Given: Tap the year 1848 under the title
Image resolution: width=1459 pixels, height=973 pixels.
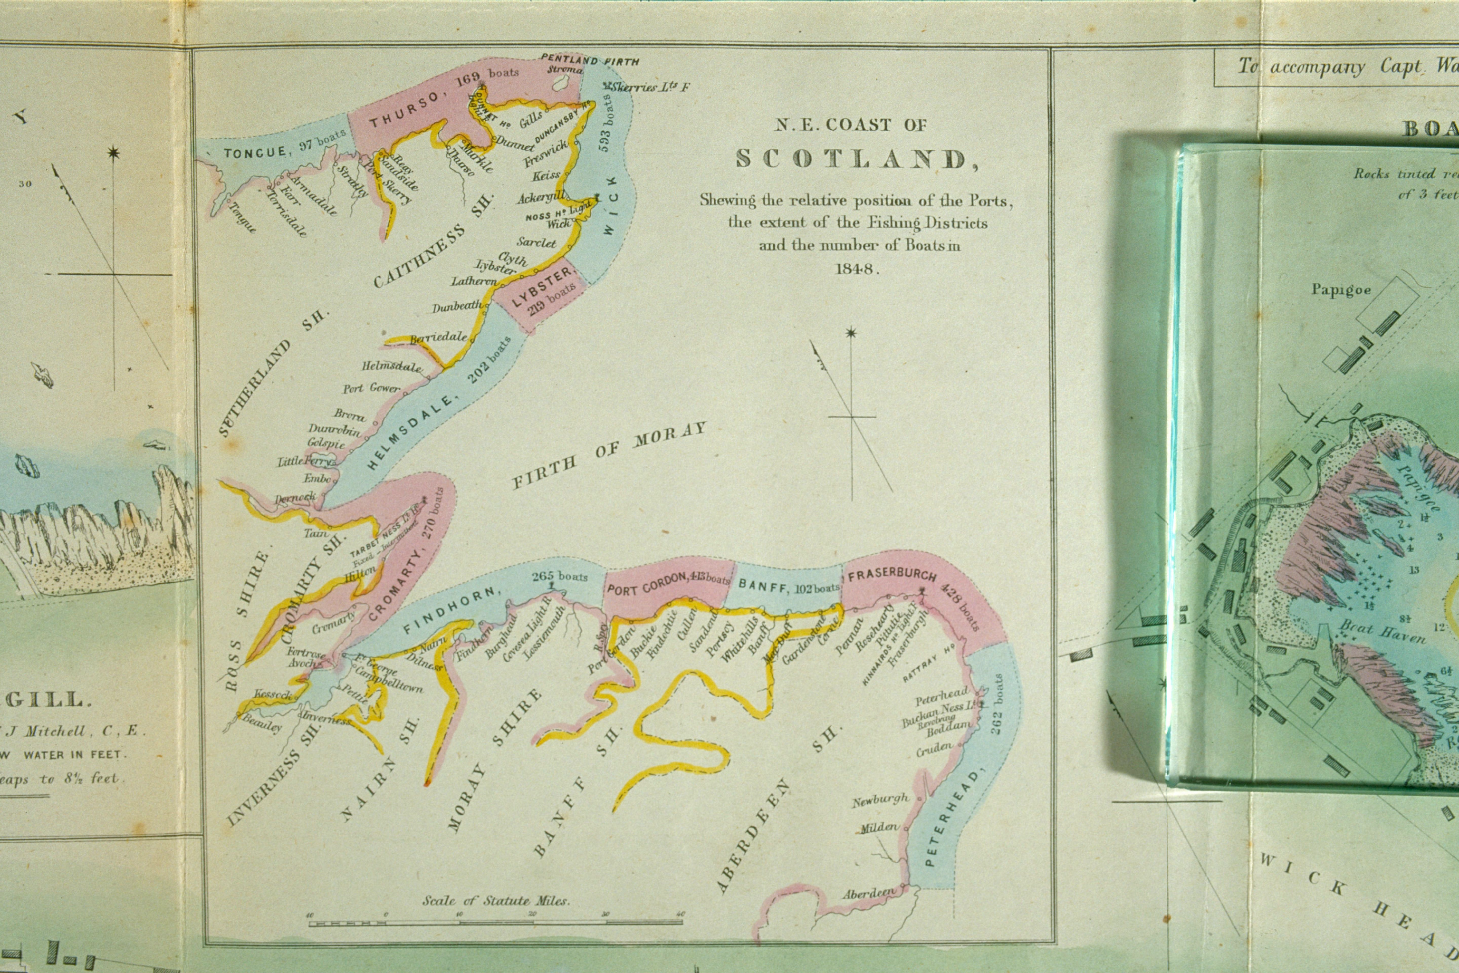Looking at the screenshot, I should pyautogui.click(x=857, y=269).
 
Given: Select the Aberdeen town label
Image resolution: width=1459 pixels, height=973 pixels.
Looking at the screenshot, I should pyautogui.click(x=869, y=893).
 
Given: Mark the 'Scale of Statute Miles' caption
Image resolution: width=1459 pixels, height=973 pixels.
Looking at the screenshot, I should pyautogui.click(x=496, y=900).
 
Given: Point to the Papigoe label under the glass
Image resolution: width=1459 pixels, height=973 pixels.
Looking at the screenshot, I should pyautogui.click(x=1341, y=290).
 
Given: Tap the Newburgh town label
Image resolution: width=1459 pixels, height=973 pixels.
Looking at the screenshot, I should pyautogui.click(x=880, y=801).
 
